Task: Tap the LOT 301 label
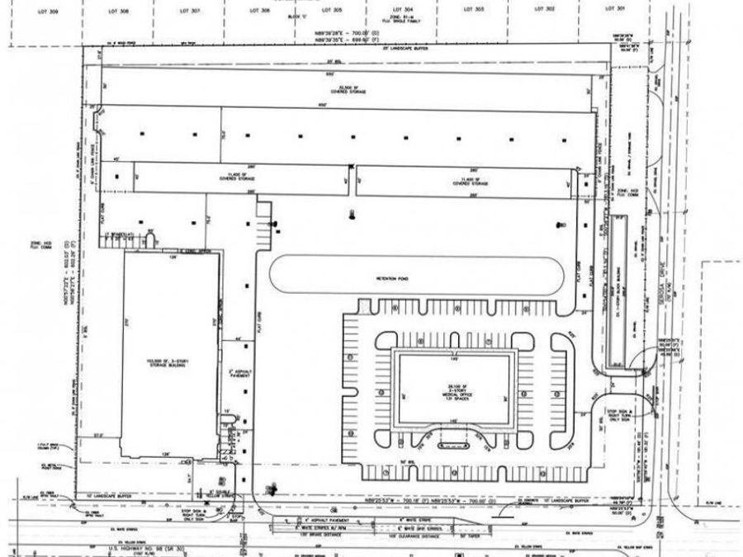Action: click(x=620, y=8)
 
